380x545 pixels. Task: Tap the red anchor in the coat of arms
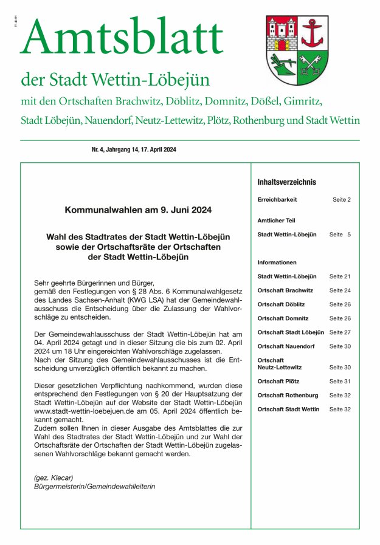click(x=314, y=33)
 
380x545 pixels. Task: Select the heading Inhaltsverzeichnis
click(x=286, y=182)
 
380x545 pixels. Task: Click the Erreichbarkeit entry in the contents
click(x=277, y=199)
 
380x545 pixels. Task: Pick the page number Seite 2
click(x=341, y=199)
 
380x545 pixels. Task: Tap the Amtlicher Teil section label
click(x=276, y=221)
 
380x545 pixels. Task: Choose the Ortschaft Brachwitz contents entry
click(x=285, y=290)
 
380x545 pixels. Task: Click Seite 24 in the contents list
click(x=340, y=290)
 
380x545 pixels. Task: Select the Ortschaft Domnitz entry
click(x=283, y=318)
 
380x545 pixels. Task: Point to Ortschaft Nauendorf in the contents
click(x=286, y=346)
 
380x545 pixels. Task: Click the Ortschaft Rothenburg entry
click(x=288, y=396)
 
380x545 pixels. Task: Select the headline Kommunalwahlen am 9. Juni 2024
click(x=139, y=210)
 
